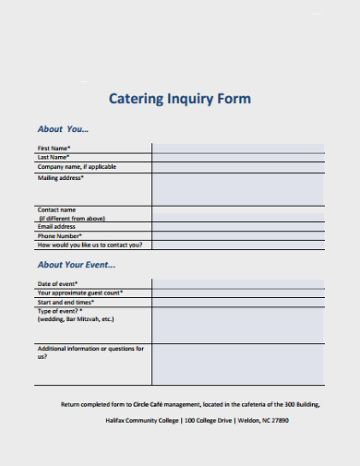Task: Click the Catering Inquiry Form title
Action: (180, 98)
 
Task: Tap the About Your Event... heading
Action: (76, 265)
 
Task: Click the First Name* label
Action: (54, 148)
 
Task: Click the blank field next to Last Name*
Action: (237, 158)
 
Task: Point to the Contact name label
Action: (56, 209)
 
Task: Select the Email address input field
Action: (237, 226)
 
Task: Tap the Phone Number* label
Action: (59, 235)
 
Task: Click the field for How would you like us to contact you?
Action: (237, 245)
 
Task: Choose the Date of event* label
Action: (57, 283)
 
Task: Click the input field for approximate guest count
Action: (237, 293)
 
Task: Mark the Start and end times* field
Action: (237, 302)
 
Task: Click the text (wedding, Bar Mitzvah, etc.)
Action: (76, 318)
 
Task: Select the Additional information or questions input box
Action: (237, 364)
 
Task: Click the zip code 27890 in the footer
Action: (278, 420)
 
